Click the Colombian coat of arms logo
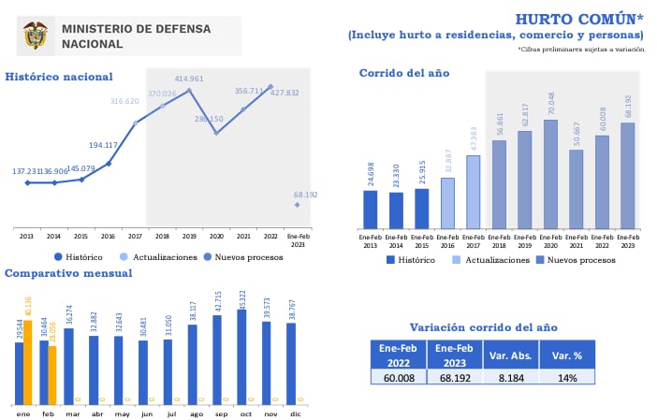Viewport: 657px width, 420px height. pyautogui.click(x=36, y=36)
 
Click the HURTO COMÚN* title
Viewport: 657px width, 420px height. pyautogui.click(x=579, y=19)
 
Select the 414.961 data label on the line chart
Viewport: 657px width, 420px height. pyautogui.click(x=189, y=79)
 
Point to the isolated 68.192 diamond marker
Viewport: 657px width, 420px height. pyautogui.click(x=298, y=204)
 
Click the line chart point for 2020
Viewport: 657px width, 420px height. pyautogui.click(x=216, y=133)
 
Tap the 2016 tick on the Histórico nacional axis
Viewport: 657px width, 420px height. pyautogui.click(x=108, y=236)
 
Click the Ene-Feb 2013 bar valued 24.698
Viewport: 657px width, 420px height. pyautogui.click(x=371, y=210)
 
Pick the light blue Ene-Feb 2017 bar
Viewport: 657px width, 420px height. pyautogui.click(x=474, y=192)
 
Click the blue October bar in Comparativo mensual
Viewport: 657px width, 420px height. pyautogui.click(x=241, y=356)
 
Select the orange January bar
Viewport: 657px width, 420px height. pyautogui.click(x=28, y=362)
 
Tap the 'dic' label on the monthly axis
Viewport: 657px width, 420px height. pyautogui.click(x=296, y=413)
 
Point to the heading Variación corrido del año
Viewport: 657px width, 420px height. pyautogui.click(x=484, y=327)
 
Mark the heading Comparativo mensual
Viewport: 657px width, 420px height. pyautogui.click(x=68, y=273)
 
